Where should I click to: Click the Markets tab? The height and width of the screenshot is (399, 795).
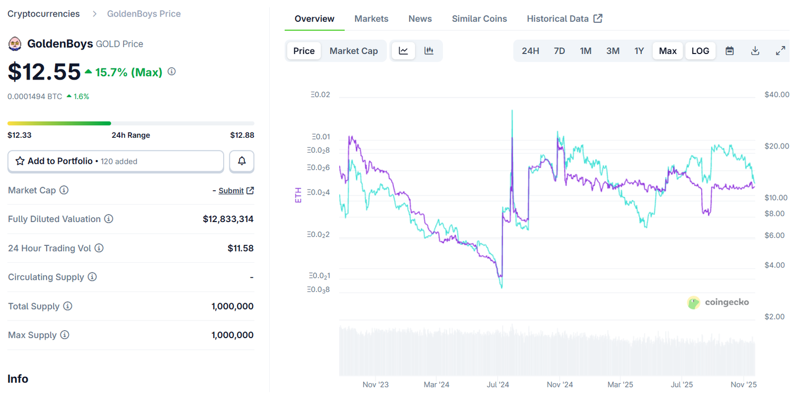(371, 19)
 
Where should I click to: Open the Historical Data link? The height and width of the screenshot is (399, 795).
(564, 19)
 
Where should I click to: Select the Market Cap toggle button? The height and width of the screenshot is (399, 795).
(354, 51)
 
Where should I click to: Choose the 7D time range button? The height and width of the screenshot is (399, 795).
(559, 51)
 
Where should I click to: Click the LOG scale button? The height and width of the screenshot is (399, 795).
(700, 51)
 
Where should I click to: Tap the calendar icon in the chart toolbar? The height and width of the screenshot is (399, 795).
(730, 51)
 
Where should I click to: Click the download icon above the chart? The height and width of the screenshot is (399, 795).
(755, 51)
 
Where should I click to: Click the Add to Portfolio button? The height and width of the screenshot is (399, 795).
(116, 161)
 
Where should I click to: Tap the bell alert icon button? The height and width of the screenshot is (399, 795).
(242, 161)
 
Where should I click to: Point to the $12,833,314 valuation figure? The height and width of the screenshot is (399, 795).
(228, 219)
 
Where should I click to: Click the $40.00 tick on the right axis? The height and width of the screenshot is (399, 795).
(776, 94)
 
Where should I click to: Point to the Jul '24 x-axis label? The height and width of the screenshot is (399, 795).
(498, 385)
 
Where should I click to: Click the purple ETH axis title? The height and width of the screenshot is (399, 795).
(297, 195)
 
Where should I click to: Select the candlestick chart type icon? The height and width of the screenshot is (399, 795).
(429, 51)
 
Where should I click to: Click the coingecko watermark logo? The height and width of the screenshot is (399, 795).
(718, 302)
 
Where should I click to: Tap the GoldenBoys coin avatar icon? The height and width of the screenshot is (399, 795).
(15, 43)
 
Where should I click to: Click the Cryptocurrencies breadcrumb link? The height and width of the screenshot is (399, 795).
(43, 14)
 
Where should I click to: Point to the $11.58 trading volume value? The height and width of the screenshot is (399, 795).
(240, 248)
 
